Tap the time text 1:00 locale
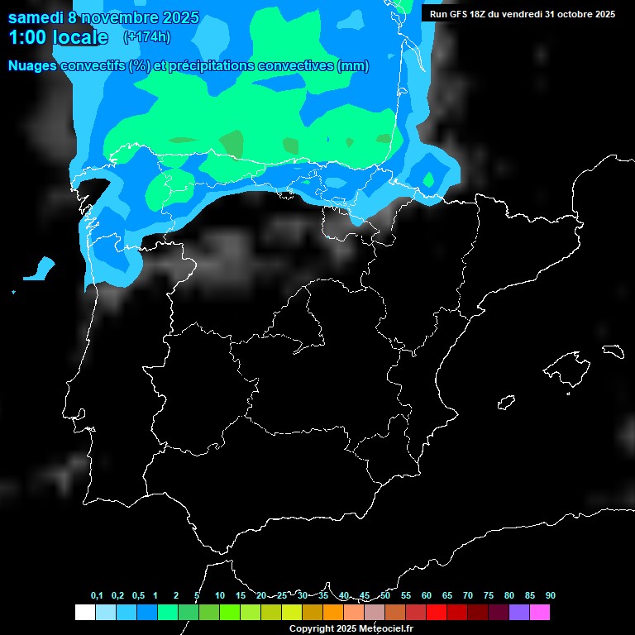tap(58, 37)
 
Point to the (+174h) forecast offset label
tap(146, 36)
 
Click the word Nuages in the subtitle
tap(32, 66)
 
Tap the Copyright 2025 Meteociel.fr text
tap(351, 628)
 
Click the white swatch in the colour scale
tap(84, 613)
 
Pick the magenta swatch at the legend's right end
tap(540, 613)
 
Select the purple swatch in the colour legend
tap(519, 613)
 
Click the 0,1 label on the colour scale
tap(97, 596)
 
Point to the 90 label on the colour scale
tap(551, 596)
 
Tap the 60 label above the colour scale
tap(427, 596)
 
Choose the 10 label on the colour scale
tap(220, 596)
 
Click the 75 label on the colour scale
tap(489, 596)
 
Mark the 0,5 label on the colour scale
tap(138, 596)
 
